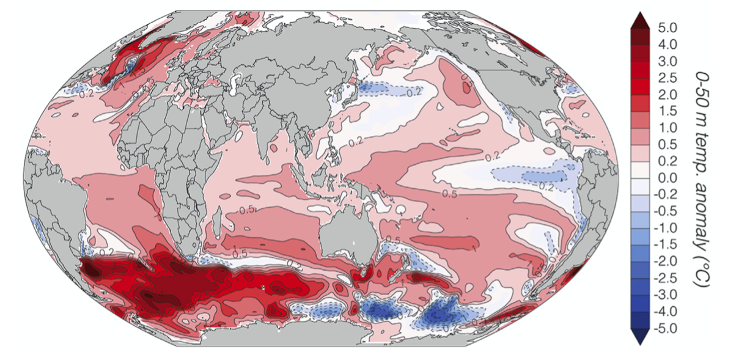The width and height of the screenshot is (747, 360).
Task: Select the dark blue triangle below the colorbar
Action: [x=639, y=337]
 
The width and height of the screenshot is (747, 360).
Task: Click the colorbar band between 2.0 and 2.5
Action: [x=639, y=86]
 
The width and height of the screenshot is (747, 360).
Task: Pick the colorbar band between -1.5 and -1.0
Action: [x=639, y=237]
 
